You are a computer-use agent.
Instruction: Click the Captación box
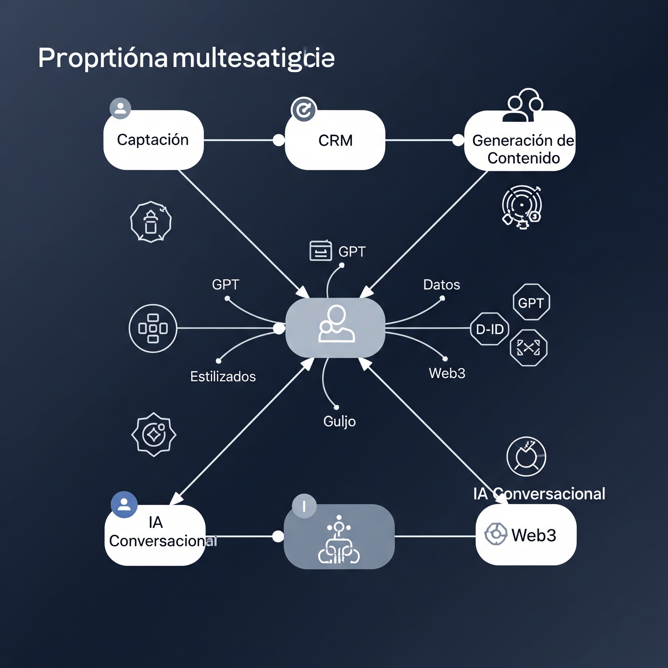pyautogui.click(x=153, y=140)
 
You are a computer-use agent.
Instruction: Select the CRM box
pyautogui.click(x=335, y=140)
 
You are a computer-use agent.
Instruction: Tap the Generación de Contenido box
pyautogui.click(x=520, y=145)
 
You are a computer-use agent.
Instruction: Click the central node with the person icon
pyautogui.click(x=335, y=327)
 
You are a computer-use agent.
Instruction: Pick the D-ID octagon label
pyautogui.click(x=490, y=329)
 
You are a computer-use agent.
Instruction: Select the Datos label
pyautogui.click(x=442, y=285)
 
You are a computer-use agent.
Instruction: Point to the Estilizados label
pyautogui.click(x=223, y=376)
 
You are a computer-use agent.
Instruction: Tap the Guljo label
pyautogui.click(x=339, y=421)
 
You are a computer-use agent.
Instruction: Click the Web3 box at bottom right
pyautogui.click(x=526, y=535)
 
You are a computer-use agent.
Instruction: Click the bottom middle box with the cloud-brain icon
pyautogui.click(x=339, y=537)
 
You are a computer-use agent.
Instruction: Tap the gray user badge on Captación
pyautogui.click(x=120, y=109)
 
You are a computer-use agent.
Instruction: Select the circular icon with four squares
pyautogui.click(x=153, y=328)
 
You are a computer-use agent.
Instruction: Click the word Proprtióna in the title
pyautogui.click(x=103, y=58)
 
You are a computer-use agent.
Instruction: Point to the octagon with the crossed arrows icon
pyautogui.click(x=528, y=347)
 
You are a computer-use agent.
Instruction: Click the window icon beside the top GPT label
pyautogui.click(x=321, y=251)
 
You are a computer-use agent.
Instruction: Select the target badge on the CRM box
pyautogui.click(x=304, y=109)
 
